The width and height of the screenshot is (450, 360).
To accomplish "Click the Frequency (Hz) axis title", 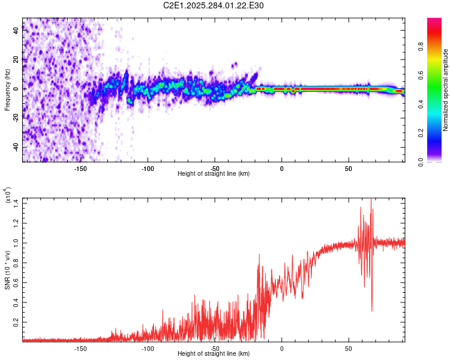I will click(7, 89).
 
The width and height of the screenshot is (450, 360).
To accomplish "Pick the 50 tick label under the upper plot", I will click(349, 169).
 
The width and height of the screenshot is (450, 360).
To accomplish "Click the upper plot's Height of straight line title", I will click(214, 174).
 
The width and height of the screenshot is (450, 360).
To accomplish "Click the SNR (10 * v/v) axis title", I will click(7, 269).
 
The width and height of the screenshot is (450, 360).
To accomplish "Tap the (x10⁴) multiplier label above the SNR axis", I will click(8, 196).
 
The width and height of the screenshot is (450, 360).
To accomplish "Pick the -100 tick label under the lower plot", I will click(148, 349).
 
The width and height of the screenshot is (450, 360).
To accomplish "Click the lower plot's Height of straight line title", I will click(214, 354).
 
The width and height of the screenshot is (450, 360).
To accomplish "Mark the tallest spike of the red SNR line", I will click(371, 199).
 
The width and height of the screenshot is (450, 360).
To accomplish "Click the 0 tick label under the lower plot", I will click(281, 349).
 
